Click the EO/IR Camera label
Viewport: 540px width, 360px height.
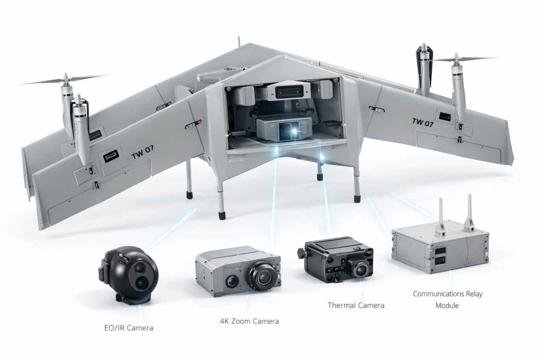[129, 328]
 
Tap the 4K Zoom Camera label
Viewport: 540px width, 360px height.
[249, 321]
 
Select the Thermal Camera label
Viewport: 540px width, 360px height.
[356, 305]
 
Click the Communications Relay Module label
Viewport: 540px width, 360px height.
[448, 300]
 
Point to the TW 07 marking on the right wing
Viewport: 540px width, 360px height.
[423, 122]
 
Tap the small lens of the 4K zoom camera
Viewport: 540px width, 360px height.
[232, 281]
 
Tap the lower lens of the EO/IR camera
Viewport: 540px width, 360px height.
[141, 283]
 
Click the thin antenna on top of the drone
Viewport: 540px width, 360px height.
[239, 41]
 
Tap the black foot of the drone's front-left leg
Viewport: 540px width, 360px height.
[222, 216]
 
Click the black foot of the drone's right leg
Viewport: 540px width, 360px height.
[357, 199]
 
